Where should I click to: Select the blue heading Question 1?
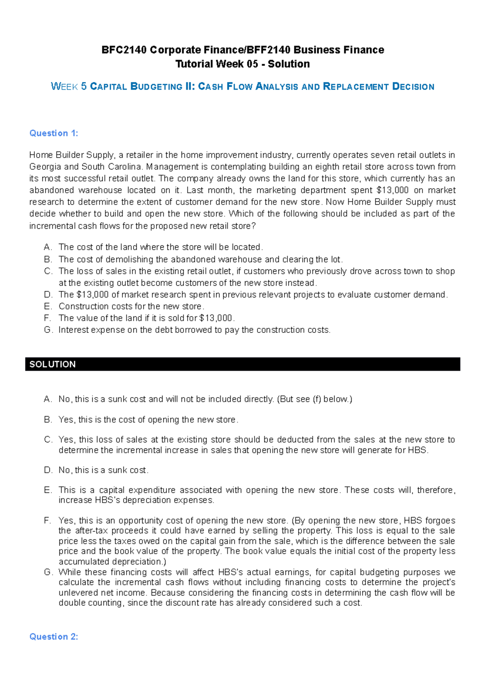[54, 133]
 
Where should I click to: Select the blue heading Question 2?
[54, 637]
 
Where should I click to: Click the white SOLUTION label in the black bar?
[53, 364]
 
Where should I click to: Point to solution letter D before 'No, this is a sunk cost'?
[48, 470]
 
